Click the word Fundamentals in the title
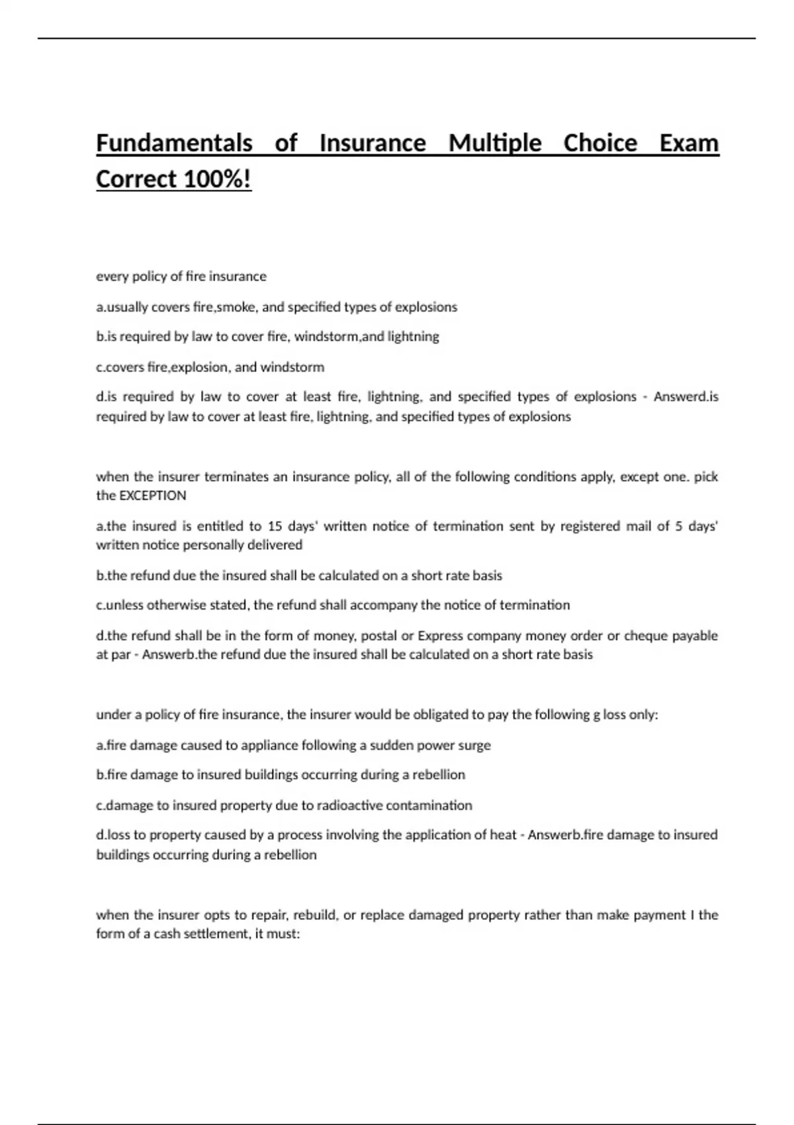pos(175,144)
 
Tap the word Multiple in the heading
pos(495,144)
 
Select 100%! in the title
pos(217,179)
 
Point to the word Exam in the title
pos(689,144)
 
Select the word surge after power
pos(475,746)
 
